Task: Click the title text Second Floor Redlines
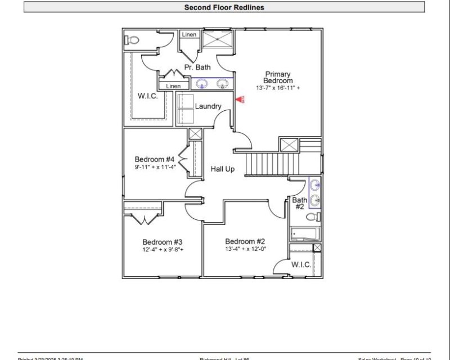(x=224, y=7)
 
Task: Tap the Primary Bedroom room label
(x=278, y=78)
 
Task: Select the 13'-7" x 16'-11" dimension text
(x=278, y=88)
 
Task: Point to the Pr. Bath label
(x=197, y=67)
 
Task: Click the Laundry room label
(x=208, y=106)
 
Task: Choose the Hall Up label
(x=223, y=169)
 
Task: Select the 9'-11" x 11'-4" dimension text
(x=155, y=167)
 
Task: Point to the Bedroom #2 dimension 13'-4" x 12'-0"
(x=245, y=249)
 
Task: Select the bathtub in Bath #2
(x=304, y=233)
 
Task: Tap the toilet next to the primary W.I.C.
(x=132, y=40)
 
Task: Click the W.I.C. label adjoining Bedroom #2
(x=301, y=265)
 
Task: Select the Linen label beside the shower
(x=188, y=35)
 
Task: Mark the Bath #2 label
(x=299, y=203)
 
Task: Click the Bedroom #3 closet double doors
(x=143, y=219)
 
